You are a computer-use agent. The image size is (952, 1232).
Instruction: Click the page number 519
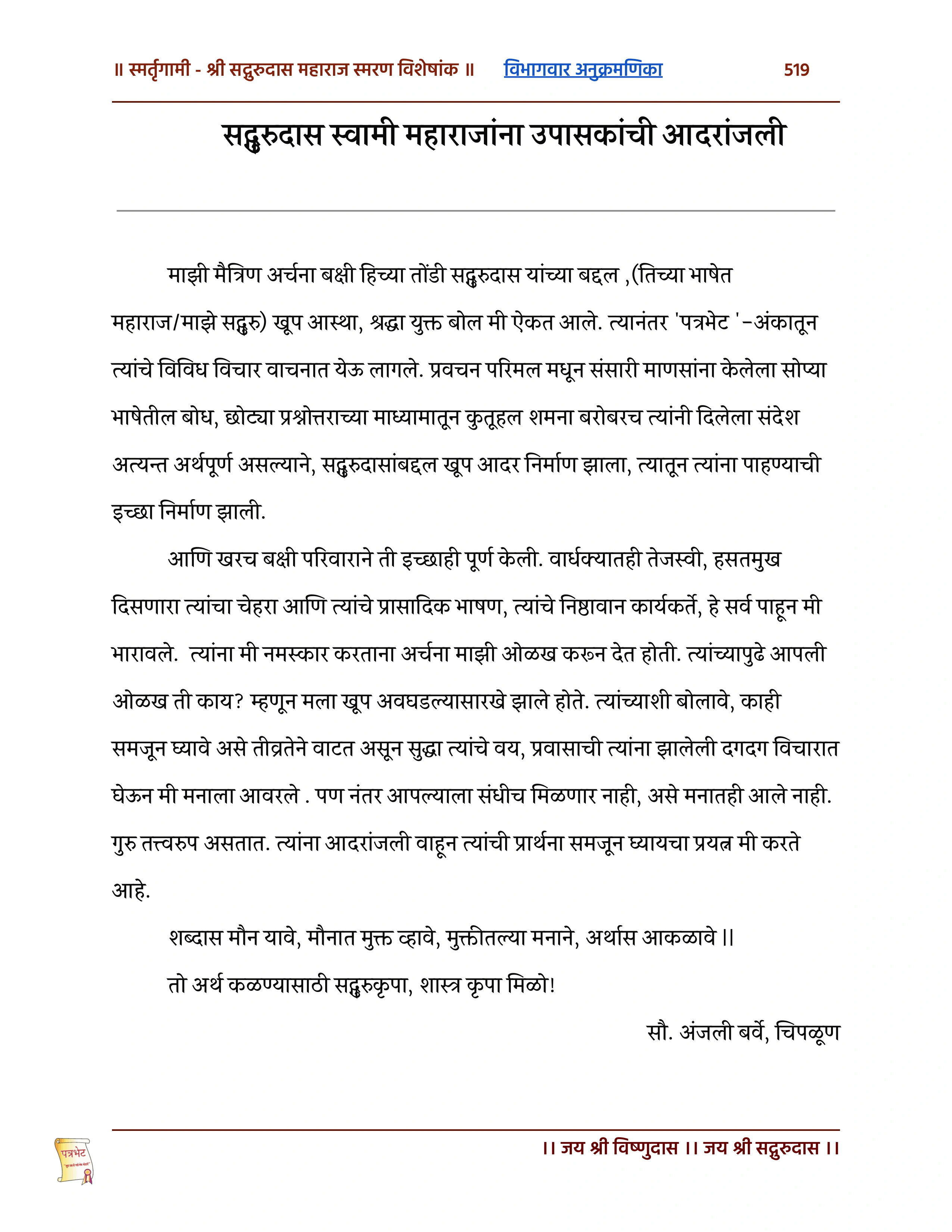pyautogui.click(x=796, y=70)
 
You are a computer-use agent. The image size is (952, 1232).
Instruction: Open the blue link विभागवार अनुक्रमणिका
pyautogui.click(x=583, y=69)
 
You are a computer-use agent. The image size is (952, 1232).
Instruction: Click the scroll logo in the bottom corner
pyautogui.click(x=74, y=1160)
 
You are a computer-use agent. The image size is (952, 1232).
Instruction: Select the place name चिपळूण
pyautogui.click(x=808, y=1032)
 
